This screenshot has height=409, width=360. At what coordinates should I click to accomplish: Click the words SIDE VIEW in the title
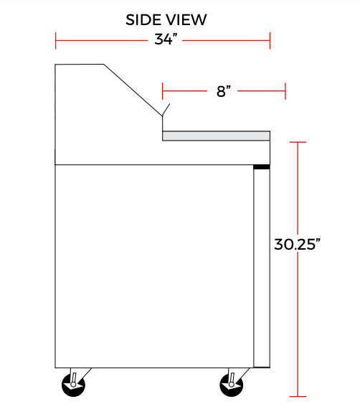click(x=166, y=19)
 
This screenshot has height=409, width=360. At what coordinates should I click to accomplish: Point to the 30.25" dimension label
click(x=296, y=244)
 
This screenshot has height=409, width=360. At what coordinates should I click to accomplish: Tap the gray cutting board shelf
click(x=216, y=136)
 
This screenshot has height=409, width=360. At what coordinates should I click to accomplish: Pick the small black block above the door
click(x=262, y=166)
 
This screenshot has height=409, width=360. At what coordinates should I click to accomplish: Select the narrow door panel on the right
click(x=262, y=265)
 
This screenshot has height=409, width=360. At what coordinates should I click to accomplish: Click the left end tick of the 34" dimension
click(x=56, y=40)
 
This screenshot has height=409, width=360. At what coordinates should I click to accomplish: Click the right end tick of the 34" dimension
click(x=270, y=40)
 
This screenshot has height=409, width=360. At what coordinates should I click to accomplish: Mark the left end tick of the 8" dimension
click(x=163, y=91)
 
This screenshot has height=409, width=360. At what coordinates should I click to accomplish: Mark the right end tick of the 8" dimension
click(x=285, y=91)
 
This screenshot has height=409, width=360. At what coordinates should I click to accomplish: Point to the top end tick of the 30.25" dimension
click(x=297, y=143)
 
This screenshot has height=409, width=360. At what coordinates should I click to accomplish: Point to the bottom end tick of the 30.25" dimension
click(x=297, y=396)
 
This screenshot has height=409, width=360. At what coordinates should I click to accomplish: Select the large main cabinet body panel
click(x=154, y=265)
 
